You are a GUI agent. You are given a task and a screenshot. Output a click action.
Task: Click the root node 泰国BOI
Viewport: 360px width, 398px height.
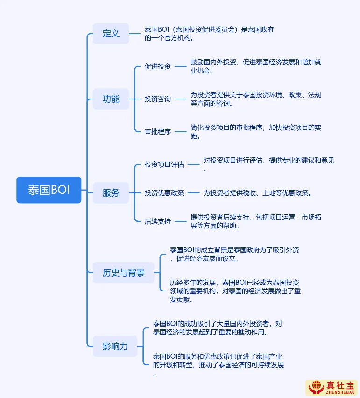tap(49, 190)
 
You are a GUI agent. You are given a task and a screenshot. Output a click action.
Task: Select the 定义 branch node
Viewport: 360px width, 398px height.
tap(111, 34)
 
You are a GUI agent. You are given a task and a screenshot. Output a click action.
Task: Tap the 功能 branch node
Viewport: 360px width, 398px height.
tap(111, 99)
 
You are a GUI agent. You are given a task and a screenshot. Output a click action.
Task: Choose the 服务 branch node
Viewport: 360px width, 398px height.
tap(111, 192)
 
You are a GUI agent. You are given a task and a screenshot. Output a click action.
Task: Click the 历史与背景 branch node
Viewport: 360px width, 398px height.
tap(123, 273)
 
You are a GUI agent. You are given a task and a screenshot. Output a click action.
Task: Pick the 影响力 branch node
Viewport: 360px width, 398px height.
tap(115, 347)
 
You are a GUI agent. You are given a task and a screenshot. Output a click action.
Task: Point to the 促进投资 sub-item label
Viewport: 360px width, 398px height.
tap(157, 66)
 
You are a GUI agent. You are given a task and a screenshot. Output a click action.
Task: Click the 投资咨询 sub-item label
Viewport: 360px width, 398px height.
tap(157, 99)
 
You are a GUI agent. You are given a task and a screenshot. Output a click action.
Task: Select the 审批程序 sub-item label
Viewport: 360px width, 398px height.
tap(157, 132)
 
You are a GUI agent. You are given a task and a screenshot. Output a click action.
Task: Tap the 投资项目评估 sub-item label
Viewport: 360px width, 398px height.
tap(164, 164)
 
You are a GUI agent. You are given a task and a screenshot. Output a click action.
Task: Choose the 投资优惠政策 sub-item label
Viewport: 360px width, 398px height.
tap(164, 192)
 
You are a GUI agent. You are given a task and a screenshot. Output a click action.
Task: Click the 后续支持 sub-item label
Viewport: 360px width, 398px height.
tap(157, 221)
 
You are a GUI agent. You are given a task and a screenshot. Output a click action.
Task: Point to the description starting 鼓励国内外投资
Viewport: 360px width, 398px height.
tap(255, 66)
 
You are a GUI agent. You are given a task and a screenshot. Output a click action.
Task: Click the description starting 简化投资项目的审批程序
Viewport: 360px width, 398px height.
tap(255, 132)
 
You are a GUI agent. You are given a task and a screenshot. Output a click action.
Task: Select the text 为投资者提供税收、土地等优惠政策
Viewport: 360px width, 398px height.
tap(257, 192)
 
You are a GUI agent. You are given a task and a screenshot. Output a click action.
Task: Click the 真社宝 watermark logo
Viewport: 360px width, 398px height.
tap(331, 388)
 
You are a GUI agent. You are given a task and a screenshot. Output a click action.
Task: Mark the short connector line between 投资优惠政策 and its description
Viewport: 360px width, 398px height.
tap(193, 192)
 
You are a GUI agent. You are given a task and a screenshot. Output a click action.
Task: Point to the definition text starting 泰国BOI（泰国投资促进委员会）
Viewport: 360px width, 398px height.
tap(209, 34)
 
